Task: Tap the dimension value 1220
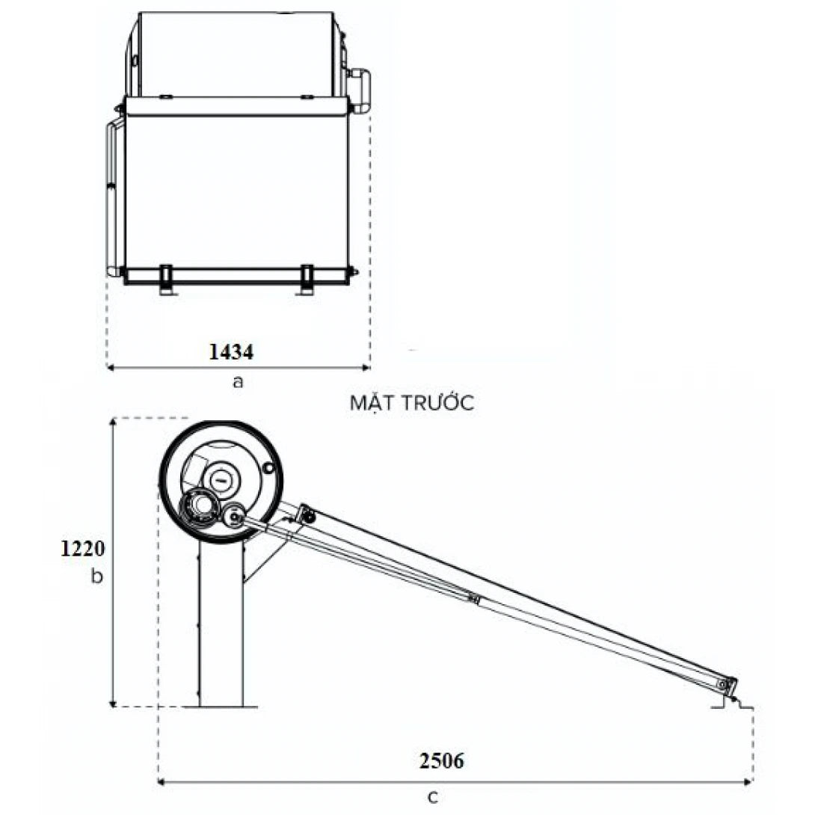tap(82, 550)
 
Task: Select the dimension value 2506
tap(441, 761)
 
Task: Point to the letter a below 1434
tap(238, 382)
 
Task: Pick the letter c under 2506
tap(433, 797)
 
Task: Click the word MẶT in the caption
tap(373, 403)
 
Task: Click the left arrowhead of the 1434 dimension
tap(111, 367)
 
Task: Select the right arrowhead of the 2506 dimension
tap(748, 783)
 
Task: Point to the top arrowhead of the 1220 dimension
tap(113, 423)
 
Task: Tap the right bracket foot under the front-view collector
tap(306, 280)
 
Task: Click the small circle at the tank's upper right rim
tap(269, 468)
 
